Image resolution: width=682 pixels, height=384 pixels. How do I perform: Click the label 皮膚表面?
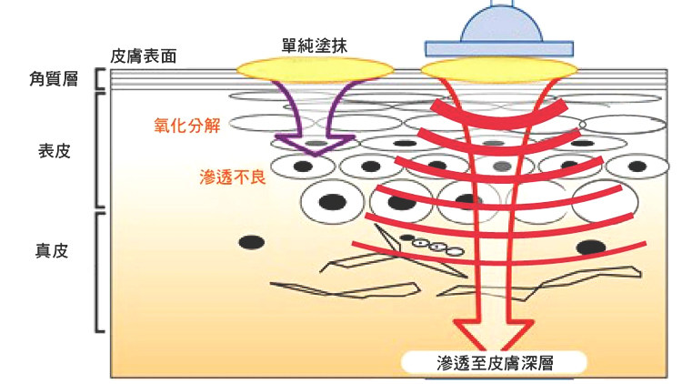pyautogui.click(x=143, y=56)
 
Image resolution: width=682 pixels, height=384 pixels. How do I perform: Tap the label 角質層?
pyautogui.click(x=54, y=79)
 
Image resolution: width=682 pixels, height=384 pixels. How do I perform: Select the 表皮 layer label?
pyautogui.click(x=54, y=151)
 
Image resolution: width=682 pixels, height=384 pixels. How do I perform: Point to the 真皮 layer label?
pyautogui.click(x=52, y=251)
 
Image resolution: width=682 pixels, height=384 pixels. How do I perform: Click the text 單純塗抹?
pyautogui.click(x=314, y=45)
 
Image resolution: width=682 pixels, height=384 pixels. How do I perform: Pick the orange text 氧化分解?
pyautogui.click(x=187, y=126)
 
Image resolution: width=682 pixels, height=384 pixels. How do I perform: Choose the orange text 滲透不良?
pyautogui.click(x=233, y=177)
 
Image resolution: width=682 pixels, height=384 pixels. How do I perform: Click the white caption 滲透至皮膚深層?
pyautogui.click(x=495, y=363)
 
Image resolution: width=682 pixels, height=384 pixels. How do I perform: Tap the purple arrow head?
pyautogui.click(x=316, y=145)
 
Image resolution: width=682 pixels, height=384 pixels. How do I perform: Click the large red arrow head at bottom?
pyautogui.click(x=493, y=334)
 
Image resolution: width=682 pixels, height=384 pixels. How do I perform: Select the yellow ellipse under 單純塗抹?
pyautogui.click(x=315, y=70)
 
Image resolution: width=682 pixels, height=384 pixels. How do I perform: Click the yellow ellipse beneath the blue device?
pyautogui.click(x=500, y=70)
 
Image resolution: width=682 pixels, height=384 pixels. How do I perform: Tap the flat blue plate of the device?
pyautogui.click(x=499, y=49)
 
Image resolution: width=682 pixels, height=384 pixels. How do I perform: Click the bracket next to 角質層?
pyautogui.click(x=99, y=79)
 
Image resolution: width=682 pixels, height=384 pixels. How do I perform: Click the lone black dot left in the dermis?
pyautogui.click(x=252, y=243)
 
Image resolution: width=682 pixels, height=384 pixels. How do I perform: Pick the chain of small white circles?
pyautogui.click(x=437, y=247)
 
